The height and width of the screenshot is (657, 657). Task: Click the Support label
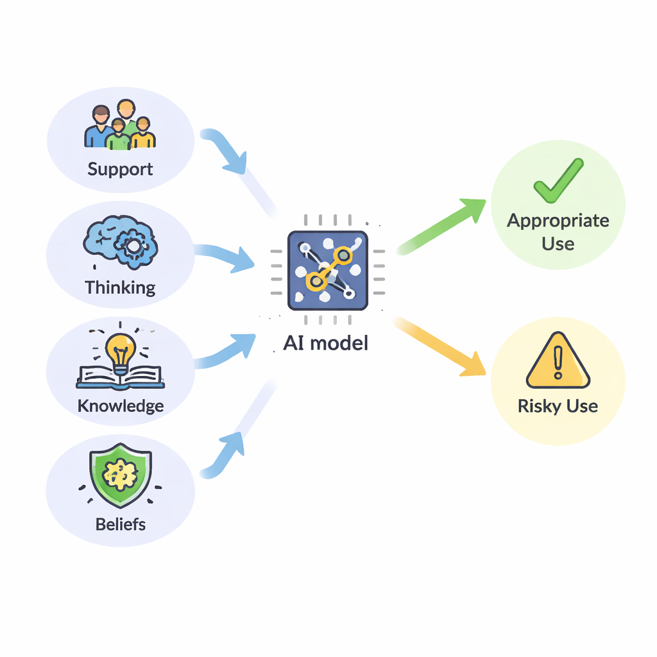point(120,169)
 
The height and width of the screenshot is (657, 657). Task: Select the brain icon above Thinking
point(121,244)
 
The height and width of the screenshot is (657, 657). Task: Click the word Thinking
point(120,287)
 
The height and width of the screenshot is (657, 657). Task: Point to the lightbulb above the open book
point(121,352)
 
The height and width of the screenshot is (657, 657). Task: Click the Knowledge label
point(120,406)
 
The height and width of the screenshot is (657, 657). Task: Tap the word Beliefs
point(120,524)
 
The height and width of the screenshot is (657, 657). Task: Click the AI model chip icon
point(327,270)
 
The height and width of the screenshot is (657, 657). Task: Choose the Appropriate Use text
point(558,232)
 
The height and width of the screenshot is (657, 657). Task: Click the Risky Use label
point(558,406)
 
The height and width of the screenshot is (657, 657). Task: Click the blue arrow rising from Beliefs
point(225,453)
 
